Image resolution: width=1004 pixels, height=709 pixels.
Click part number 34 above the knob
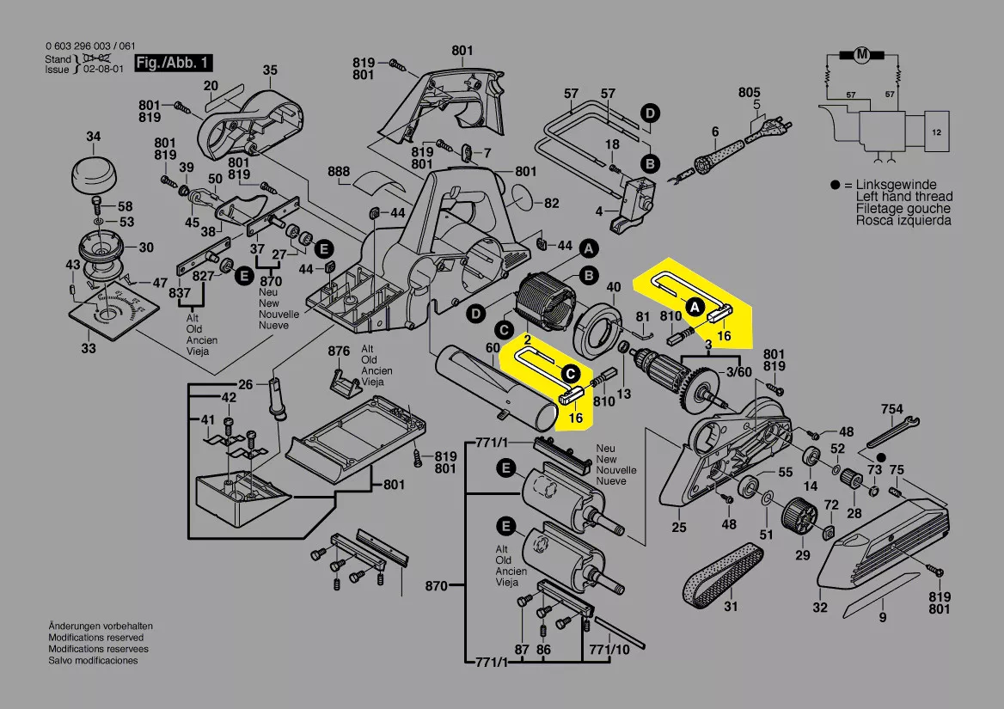click(94, 137)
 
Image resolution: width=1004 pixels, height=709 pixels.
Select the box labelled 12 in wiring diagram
click(936, 132)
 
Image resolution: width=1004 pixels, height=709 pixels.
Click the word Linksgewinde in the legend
click(897, 185)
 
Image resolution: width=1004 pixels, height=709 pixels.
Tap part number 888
click(339, 171)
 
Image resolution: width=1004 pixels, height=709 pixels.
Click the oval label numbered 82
click(552, 204)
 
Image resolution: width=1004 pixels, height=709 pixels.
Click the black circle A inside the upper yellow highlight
click(693, 305)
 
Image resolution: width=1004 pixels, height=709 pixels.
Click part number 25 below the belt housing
click(679, 528)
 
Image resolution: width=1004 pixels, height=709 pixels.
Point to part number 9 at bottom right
click(882, 616)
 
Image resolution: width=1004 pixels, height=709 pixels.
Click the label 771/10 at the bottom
click(609, 650)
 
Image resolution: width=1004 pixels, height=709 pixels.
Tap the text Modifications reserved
click(95, 639)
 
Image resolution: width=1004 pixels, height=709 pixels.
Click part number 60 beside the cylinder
click(493, 347)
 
